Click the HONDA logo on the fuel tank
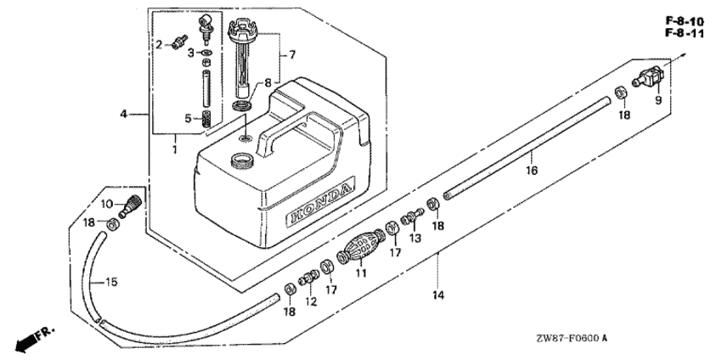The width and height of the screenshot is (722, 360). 320,200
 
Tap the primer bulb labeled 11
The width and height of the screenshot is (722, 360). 362,249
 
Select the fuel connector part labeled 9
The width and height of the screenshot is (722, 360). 648,77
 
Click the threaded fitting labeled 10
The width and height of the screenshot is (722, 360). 130,205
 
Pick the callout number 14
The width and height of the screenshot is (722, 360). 438,294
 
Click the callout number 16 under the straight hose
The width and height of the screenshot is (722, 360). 532,171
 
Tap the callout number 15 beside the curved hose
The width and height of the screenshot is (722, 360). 111,282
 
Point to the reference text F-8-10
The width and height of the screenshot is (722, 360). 685,20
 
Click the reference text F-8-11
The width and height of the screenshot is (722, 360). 685,33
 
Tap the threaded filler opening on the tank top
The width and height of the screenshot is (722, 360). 242,161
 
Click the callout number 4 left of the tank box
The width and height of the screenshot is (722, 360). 123,114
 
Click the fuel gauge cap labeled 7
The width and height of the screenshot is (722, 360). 243,59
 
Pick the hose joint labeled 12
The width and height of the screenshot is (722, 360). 309,278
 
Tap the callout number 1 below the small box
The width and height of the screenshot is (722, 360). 175,150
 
